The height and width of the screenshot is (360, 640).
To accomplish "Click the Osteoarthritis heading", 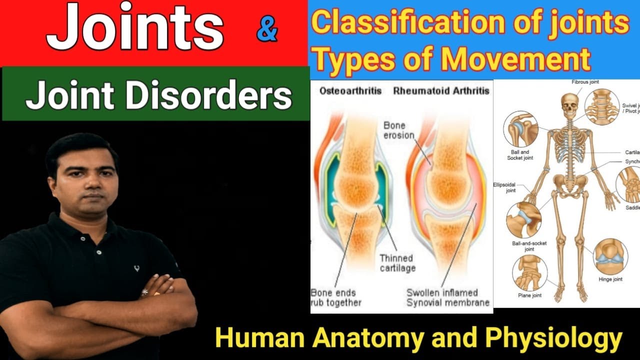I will pyautogui.click(x=350, y=91).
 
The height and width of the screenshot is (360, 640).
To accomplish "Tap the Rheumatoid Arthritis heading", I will pyautogui.click(x=441, y=91).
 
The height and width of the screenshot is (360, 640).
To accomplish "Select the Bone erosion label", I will pyautogui.click(x=398, y=130).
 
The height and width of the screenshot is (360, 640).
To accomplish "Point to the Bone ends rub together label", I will pyautogui.click(x=335, y=297).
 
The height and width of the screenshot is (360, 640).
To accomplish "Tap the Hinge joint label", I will pyautogui.click(x=610, y=279).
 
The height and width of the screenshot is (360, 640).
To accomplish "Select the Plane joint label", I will pyautogui.click(x=529, y=295).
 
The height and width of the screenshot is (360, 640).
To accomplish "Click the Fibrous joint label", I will pyautogui.click(x=585, y=82).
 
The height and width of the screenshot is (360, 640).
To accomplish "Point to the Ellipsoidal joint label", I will pyautogui.click(x=504, y=187).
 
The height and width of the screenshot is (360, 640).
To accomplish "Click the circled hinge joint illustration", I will pyautogui.click(x=610, y=256).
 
